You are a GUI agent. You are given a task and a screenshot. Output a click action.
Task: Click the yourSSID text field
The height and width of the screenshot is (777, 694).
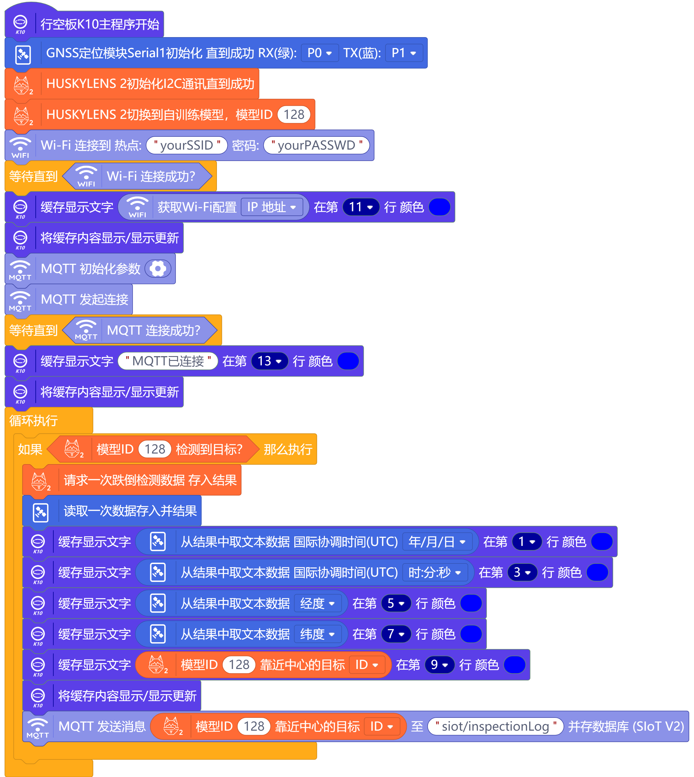pyautogui.click(x=186, y=145)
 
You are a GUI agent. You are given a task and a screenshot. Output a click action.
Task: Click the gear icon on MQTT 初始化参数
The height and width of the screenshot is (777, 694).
pyautogui.click(x=158, y=269)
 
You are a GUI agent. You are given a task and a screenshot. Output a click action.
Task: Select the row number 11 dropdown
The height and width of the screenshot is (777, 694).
pyautogui.click(x=361, y=207)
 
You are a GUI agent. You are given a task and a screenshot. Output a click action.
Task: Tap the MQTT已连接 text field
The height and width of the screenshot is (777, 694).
pyautogui.click(x=168, y=361)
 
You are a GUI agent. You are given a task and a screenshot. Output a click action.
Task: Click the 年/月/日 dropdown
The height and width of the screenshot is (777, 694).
pyautogui.click(x=437, y=542)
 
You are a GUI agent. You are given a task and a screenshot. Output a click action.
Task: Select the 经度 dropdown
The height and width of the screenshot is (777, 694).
pyautogui.click(x=317, y=603)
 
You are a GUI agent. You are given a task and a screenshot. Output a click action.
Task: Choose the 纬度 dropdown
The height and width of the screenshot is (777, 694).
pyautogui.click(x=317, y=634)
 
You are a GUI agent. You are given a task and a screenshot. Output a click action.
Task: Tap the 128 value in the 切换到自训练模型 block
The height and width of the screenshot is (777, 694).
pyautogui.click(x=294, y=114)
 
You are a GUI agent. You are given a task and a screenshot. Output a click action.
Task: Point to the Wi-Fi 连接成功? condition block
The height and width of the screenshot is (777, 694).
pyautogui.click(x=151, y=176)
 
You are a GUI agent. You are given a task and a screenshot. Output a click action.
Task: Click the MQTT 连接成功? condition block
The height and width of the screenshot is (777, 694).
pyautogui.click(x=153, y=330)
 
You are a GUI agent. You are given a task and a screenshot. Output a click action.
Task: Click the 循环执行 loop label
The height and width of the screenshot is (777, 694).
pyautogui.click(x=33, y=421)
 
